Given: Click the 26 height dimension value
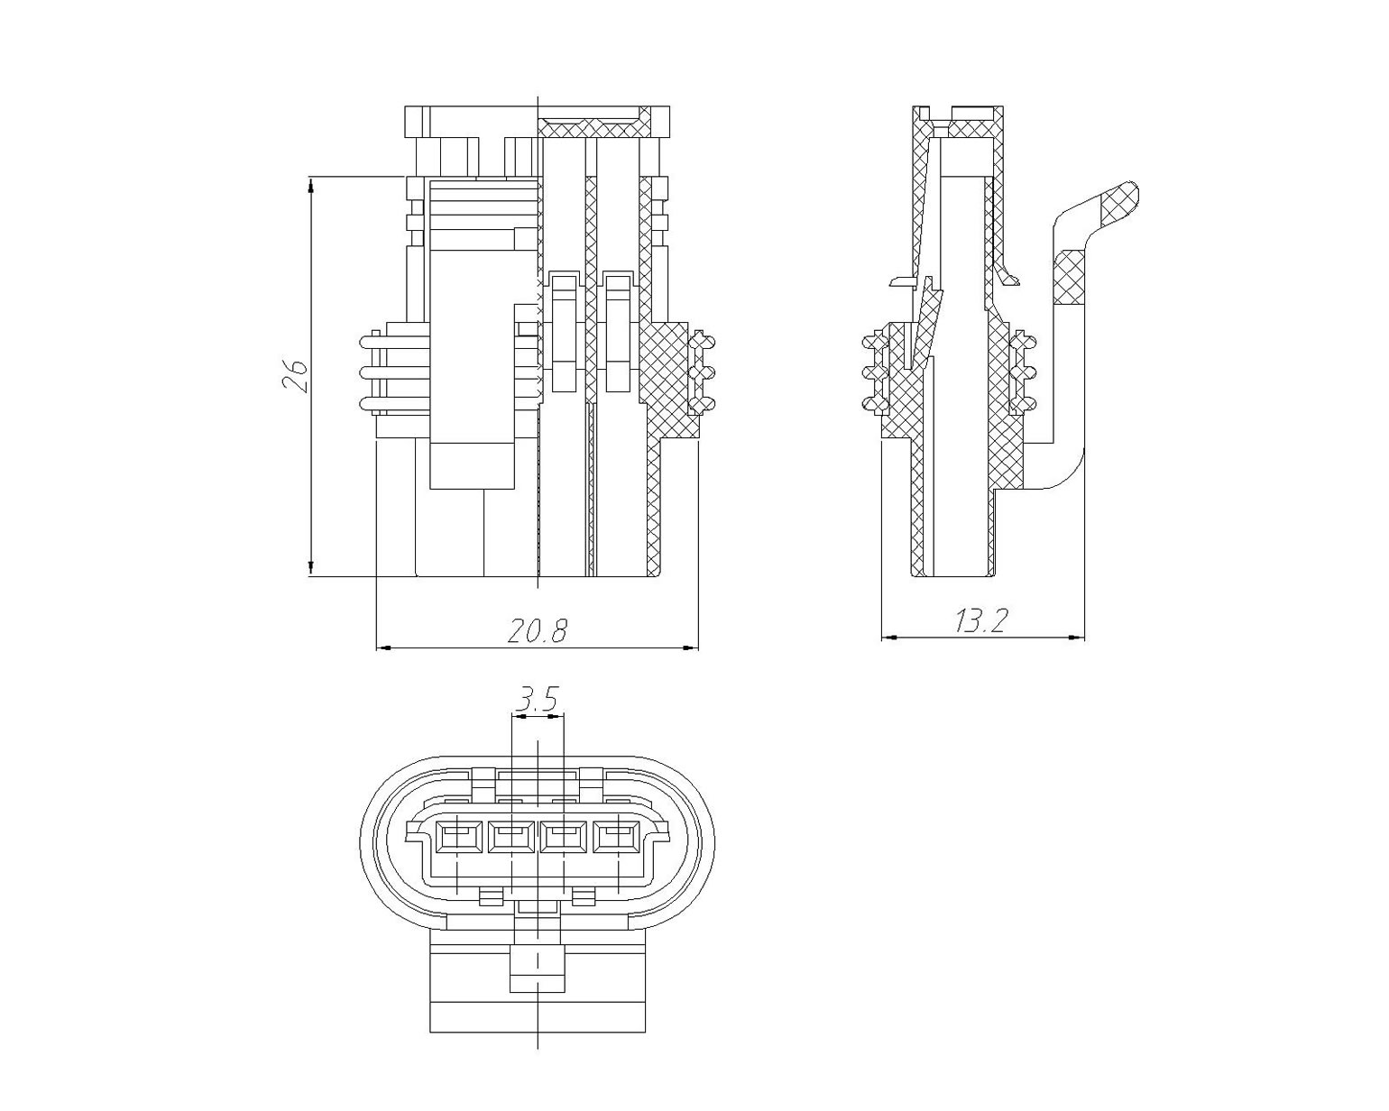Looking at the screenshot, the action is [294, 375].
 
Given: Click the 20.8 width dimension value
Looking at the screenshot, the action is [537, 630].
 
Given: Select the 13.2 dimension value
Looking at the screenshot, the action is [980, 621].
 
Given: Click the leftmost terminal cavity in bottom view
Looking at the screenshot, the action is [457, 839].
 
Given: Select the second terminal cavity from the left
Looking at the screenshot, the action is [511, 839].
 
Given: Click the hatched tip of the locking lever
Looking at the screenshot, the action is [1118, 201].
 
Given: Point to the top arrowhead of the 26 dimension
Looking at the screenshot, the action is [311, 186].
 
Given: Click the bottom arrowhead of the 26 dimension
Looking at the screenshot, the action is [311, 567].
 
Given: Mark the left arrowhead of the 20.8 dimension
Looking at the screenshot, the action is [384, 647].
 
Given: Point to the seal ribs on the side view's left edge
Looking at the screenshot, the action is [875, 372].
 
